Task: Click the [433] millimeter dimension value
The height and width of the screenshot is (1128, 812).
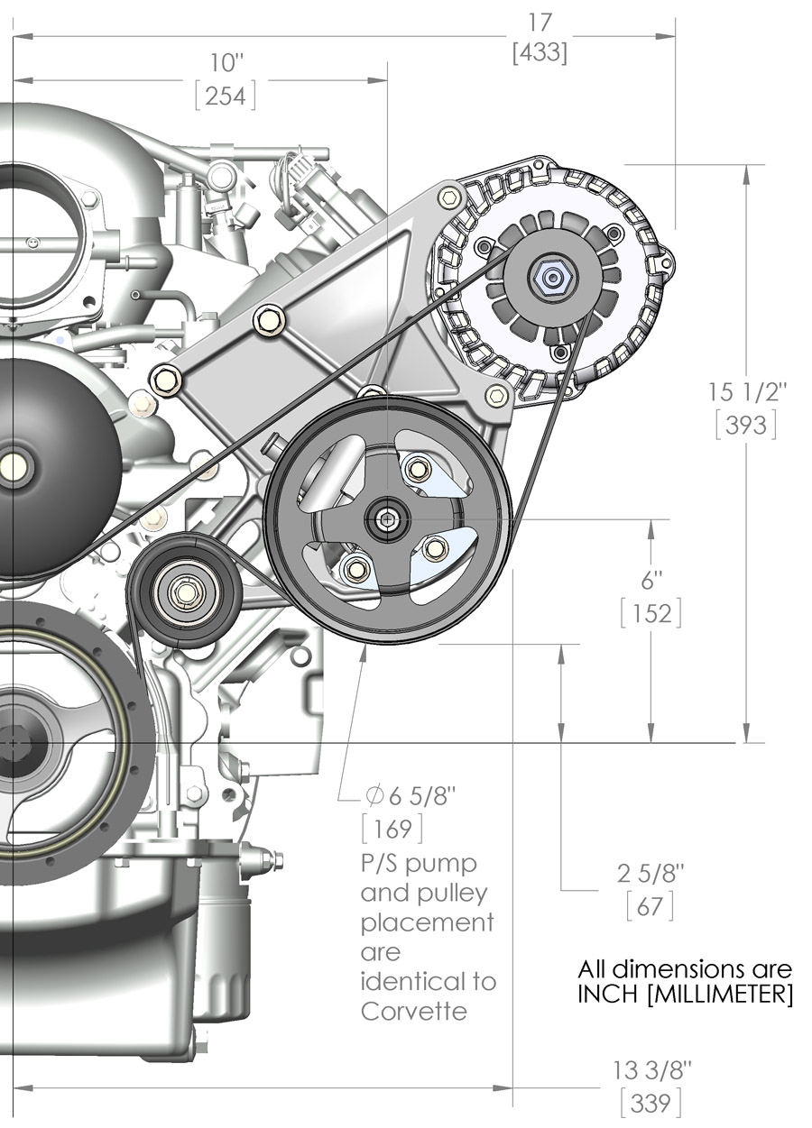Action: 540,53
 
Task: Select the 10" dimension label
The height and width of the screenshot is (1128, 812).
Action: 226,63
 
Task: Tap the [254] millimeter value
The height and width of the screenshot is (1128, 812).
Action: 226,95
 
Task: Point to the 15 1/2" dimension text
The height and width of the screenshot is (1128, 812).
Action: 748,392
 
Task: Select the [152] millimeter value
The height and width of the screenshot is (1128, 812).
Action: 651,613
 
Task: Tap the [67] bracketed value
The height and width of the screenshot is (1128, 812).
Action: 651,906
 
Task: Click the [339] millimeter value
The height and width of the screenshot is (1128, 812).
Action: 651,1102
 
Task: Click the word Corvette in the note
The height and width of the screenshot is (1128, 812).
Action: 414,1011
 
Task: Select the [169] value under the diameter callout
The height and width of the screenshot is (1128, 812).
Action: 392,828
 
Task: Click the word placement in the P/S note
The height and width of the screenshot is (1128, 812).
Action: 427,923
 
